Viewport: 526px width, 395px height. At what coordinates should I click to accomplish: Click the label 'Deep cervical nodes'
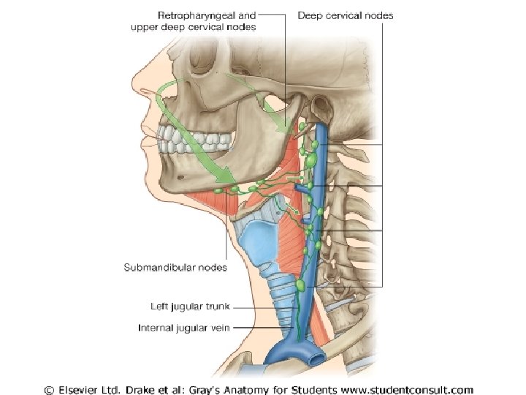click(x=346, y=15)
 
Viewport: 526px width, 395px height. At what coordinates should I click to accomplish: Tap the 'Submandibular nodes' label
click(x=175, y=267)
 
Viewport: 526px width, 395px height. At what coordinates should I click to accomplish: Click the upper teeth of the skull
click(x=178, y=135)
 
